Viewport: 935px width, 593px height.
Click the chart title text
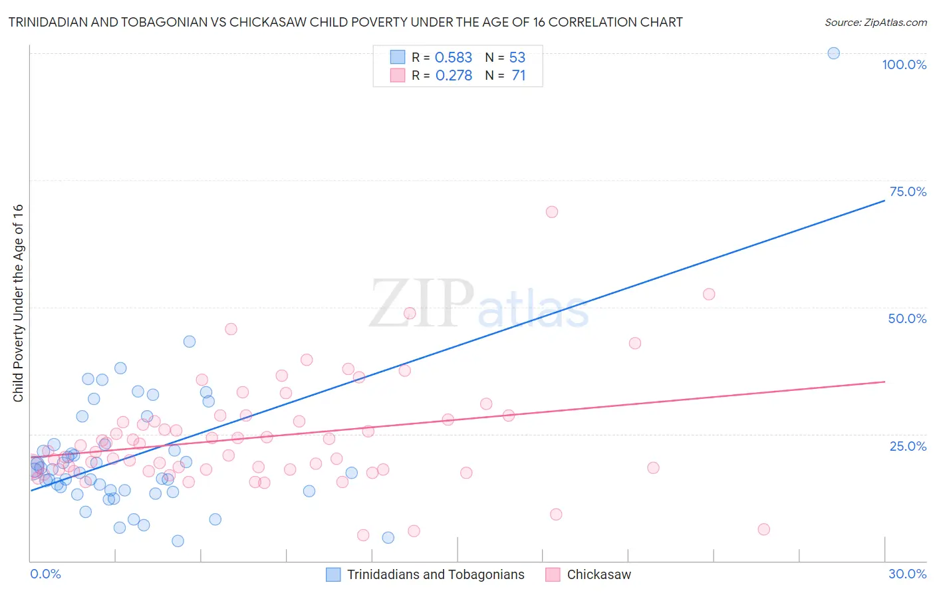(345, 23)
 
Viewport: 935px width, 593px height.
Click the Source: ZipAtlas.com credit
(875, 23)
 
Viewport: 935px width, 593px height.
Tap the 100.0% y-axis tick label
(904, 64)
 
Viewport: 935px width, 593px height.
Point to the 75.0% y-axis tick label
(908, 191)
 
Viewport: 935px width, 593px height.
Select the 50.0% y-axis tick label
(907, 318)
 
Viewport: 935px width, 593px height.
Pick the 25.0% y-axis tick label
(908, 445)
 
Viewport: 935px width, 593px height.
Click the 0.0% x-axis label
(45, 574)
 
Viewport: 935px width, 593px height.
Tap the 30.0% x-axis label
(907, 574)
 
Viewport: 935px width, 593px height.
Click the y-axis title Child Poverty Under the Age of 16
(19, 302)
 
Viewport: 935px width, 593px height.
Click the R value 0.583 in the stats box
(453, 58)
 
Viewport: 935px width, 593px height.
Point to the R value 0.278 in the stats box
(454, 76)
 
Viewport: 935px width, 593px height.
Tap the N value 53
(517, 58)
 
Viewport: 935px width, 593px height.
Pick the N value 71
(519, 76)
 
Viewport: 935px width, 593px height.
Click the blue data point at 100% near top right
(833, 53)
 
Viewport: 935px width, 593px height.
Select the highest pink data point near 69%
(551, 212)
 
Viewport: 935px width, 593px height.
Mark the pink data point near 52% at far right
(709, 294)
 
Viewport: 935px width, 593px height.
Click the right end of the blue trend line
(884, 200)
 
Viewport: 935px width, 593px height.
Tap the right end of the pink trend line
(884, 382)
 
